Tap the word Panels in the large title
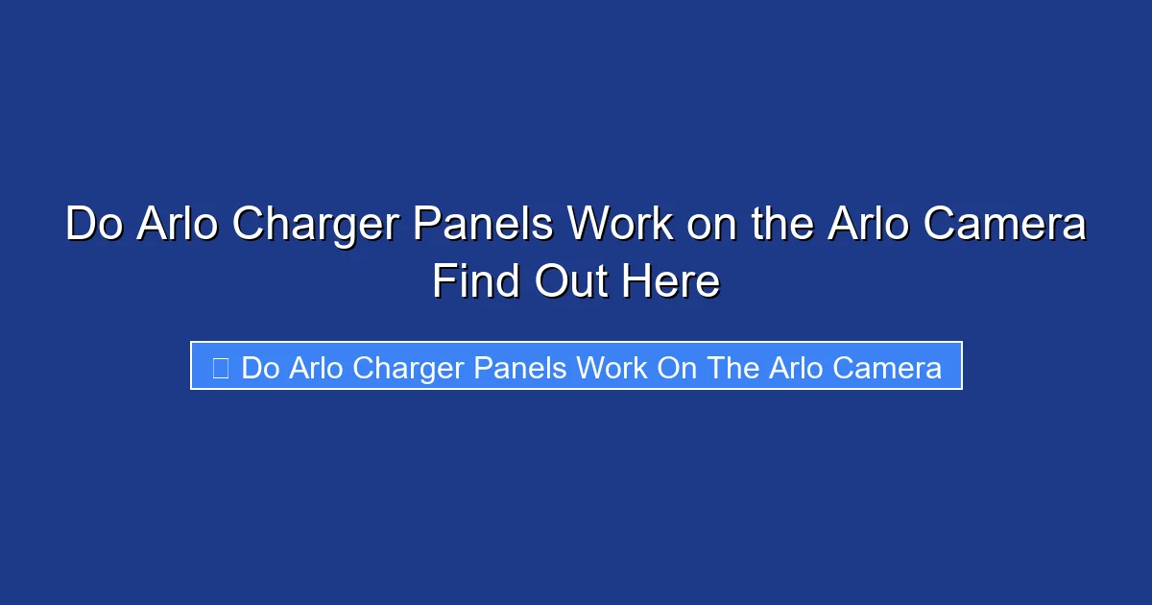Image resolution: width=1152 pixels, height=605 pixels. [x=484, y=226]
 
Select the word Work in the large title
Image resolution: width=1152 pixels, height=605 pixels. [x=619, y=226]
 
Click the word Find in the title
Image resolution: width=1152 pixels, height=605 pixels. [x=475, y=282]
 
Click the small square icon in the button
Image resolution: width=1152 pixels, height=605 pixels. [x=220, y=368]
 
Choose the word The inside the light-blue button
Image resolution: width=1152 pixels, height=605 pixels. [x=734, y=368]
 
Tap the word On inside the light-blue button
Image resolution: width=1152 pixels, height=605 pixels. [x=678, y=368]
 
